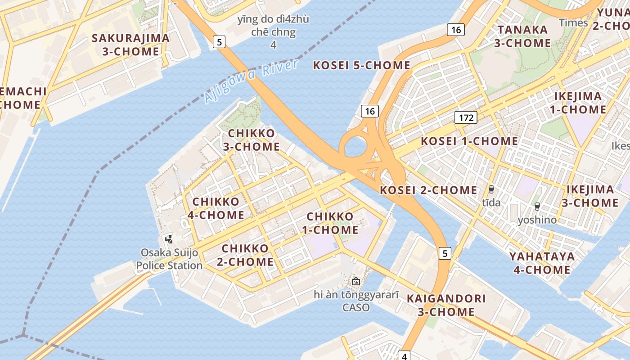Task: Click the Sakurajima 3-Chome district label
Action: tap(130, 45)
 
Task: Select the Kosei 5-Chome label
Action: tap(361, 65)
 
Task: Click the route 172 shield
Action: tap(466, 118)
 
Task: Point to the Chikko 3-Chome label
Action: tap(252, 140)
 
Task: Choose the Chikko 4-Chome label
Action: tap(216, 208)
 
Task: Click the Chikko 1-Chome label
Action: tap(333, 223)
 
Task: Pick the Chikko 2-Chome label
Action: tap(247, 255)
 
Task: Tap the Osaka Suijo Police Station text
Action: tap(169, 259)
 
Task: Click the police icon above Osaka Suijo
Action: tap(169, 238)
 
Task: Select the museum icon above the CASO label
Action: tap(356, 281)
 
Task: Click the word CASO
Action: tap(356, 308)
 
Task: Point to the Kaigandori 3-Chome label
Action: tap(446, 305)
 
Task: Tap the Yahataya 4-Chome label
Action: tap(542, 263)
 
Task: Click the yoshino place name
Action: tap(537, 220)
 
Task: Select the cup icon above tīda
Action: tap(491, 189)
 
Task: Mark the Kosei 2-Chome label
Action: tap(428, 190)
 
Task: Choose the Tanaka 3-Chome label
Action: tap(522, 36)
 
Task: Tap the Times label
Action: tap(573, 23)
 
